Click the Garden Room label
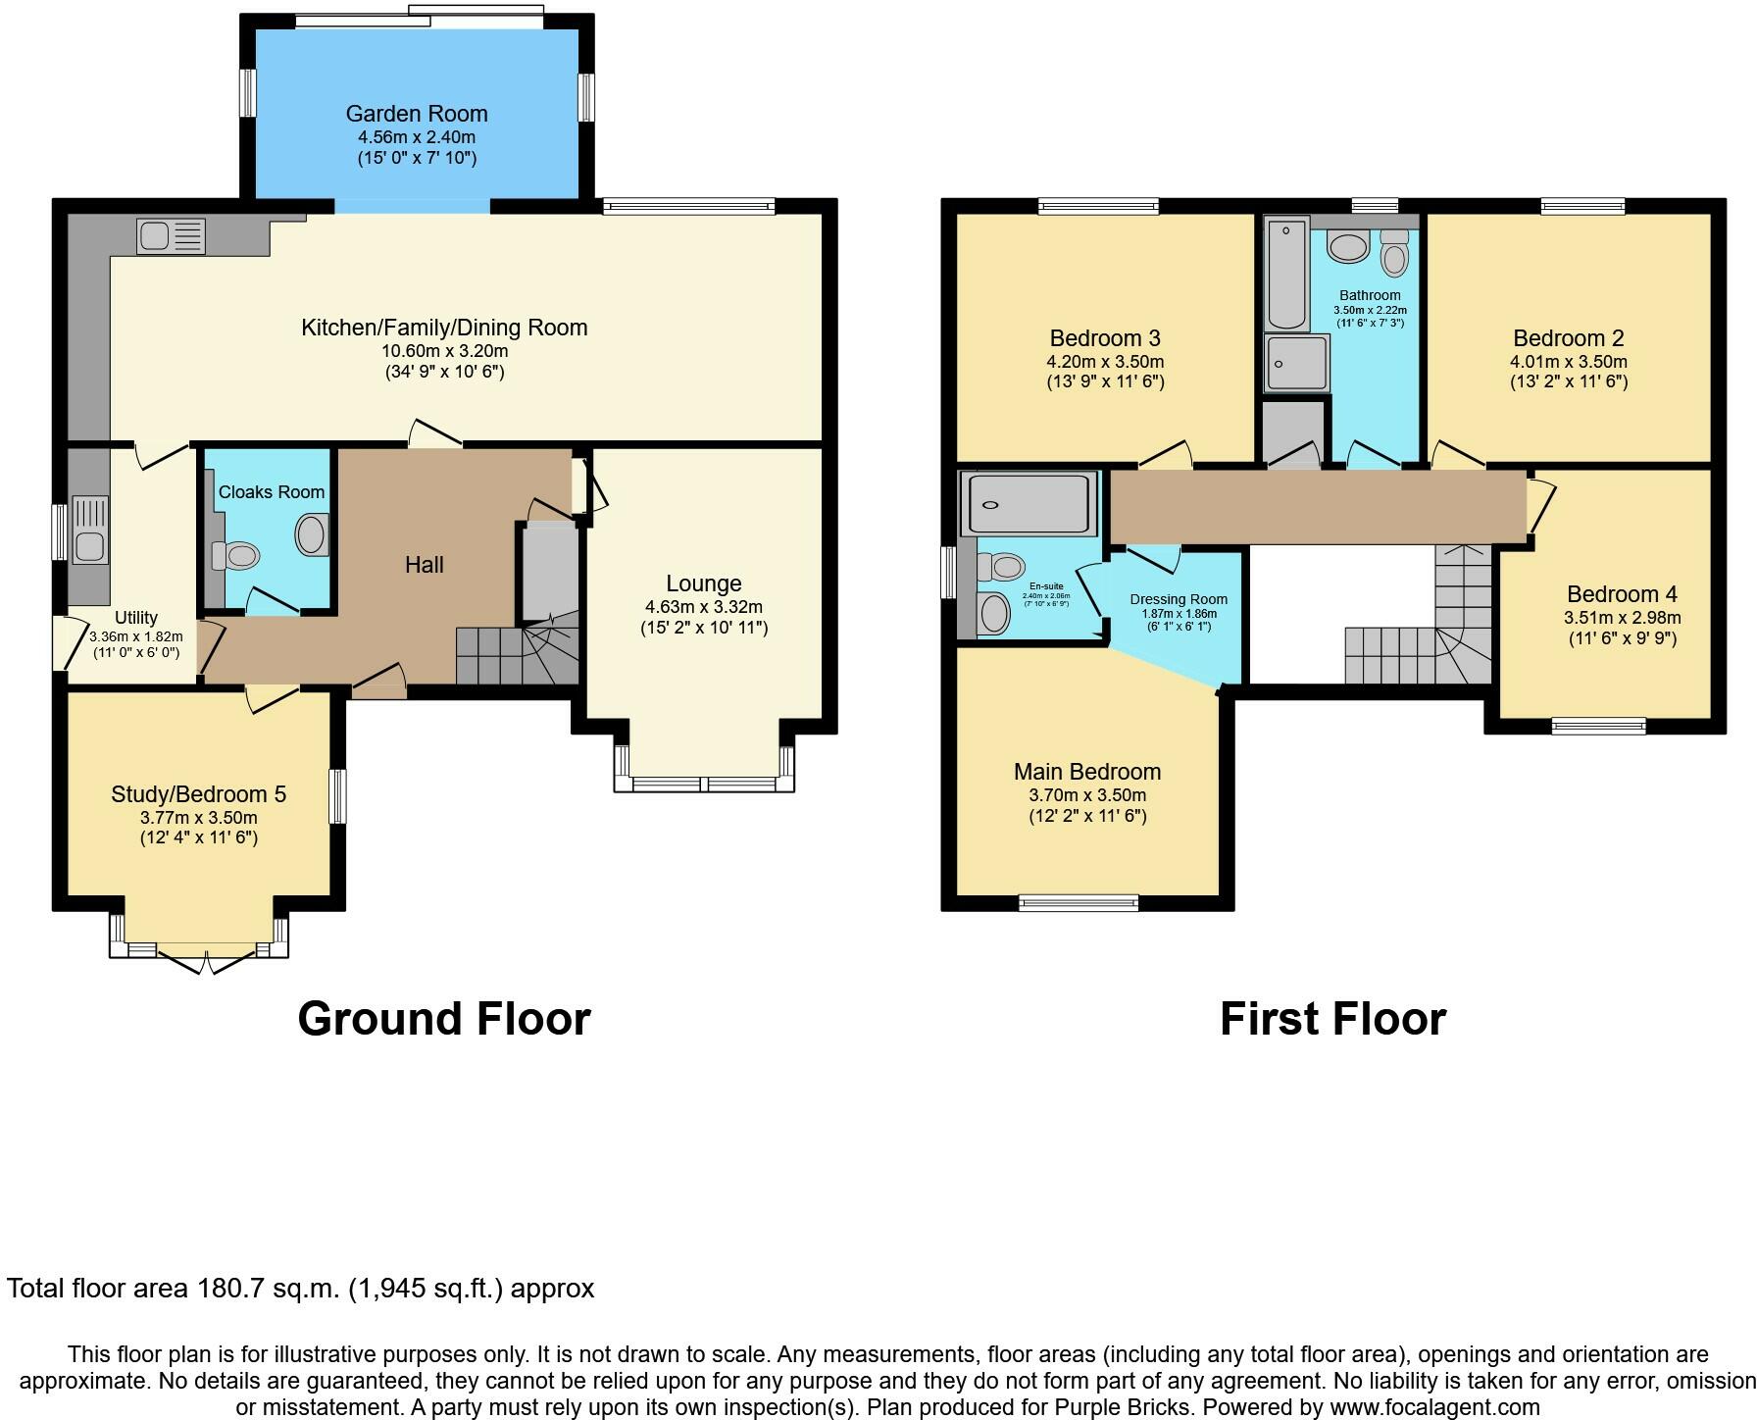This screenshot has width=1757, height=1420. click(416, 114)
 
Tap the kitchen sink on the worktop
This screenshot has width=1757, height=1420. click(172, 236)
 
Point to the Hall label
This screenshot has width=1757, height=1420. click(424, 565)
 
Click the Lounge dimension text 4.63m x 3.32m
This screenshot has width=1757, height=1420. click(703, 607)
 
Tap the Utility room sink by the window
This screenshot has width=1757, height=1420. click(89, 529)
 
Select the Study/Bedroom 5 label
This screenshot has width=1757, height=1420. click(198, 794)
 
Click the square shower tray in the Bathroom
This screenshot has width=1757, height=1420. click(1296, 363)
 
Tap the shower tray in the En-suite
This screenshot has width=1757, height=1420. click(1029, 504)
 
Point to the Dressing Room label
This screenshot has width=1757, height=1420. click(1178, 599)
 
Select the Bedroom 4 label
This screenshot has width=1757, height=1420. click(1621, 594)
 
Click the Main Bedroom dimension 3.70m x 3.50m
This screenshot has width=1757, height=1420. click(1086, 795)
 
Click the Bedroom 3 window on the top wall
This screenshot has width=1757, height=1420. click(1098, 206)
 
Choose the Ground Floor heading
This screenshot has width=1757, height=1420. click(443, 1019)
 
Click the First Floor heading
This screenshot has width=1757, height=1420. click(1331, 1019)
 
